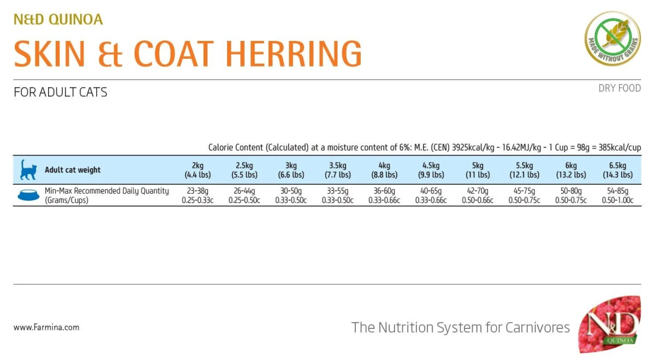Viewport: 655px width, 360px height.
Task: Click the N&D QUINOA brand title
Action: click(58, 20)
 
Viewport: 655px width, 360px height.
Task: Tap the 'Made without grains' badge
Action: click(612, 39)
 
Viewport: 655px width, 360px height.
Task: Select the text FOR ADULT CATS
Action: click(61, 92)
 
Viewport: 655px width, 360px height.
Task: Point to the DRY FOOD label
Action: click(620, 88)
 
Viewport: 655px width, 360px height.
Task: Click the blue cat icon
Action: click(27, 170)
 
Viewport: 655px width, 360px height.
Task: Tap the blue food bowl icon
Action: click(28, 195)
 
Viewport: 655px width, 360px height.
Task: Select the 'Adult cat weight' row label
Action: click(73, 170)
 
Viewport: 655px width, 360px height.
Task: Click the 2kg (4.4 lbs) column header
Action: click(198, 170)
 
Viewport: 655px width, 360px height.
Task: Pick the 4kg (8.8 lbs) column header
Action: click(384, 170)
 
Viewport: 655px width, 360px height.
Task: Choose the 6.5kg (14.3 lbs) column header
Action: click(618, 170)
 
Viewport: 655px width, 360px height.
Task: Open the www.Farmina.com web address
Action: click(46, 327)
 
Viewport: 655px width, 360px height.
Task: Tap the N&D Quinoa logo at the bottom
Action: click(610, 326)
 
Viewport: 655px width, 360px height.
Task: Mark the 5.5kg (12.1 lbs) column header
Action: click(524, 170)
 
